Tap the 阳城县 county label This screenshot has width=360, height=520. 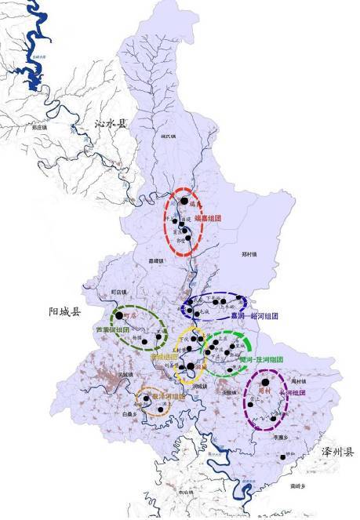(64, 312)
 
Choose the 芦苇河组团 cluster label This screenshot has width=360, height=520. (112, 330)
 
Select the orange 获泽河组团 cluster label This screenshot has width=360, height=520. (169, 397)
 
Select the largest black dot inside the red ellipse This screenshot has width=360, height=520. (184, 201)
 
